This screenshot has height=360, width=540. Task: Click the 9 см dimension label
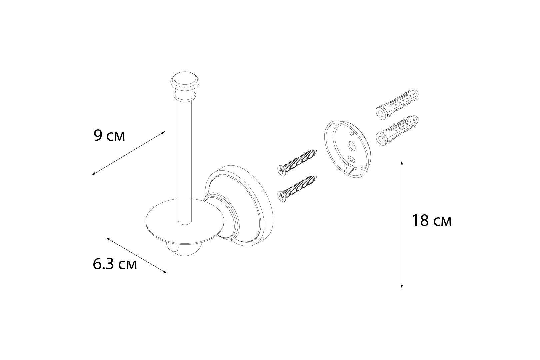point(109,136)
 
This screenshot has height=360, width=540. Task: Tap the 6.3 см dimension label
point(115,265)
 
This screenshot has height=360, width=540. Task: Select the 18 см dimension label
point(432,221)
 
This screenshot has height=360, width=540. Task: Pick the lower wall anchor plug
point(397,131)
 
